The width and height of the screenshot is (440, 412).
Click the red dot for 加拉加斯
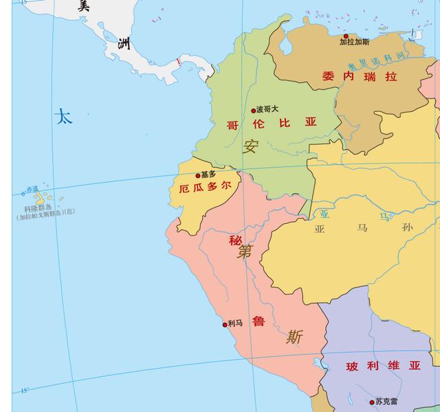tap(346, 36)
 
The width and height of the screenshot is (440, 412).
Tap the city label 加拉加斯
tap(354, 43)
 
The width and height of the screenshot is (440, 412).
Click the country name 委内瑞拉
tap(360, 77)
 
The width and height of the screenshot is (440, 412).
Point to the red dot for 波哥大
tap(253, 111)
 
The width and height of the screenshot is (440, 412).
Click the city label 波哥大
tap(267, 108)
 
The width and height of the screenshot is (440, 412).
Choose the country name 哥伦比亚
tap(272, 124)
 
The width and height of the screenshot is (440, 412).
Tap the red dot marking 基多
tap(198, 176)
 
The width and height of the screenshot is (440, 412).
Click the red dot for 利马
tap(224, 325)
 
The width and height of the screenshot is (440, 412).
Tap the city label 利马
tap(235, 323)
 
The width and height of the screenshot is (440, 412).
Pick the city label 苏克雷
tap(386, 402)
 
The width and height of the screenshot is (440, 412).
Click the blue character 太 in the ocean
tap(63, 117)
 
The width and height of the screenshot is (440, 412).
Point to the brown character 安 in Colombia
tap(250, 146)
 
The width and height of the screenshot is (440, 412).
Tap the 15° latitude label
tap(24, 391)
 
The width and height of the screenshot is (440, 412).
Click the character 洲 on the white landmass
tap(124, 45)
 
